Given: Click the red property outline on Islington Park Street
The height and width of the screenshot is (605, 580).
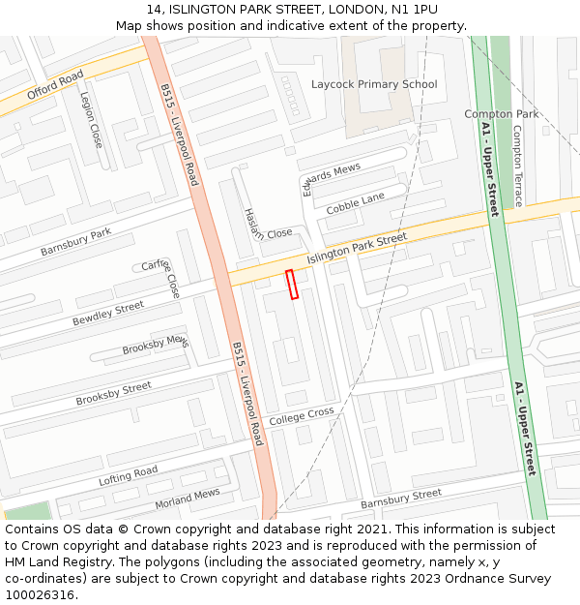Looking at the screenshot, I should point(292,284).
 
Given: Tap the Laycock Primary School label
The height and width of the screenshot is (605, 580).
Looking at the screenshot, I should point(373,84).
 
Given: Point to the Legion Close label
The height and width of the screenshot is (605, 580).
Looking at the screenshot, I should point(91,119).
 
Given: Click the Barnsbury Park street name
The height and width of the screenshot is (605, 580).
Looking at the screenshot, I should point(76,242).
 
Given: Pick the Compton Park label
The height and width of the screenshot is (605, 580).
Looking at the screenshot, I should point(502,114).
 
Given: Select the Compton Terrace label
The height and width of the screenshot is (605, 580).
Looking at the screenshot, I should point(517,166).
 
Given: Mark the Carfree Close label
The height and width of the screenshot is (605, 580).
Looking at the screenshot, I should point(161,278).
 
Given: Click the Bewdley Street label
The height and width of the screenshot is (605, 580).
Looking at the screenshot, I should point(108,314).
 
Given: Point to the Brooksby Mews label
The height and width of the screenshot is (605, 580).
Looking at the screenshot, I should point(156,345).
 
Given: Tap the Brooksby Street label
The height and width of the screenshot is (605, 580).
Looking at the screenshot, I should point(114,393).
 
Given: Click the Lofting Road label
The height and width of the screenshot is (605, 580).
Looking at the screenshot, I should point(128,476).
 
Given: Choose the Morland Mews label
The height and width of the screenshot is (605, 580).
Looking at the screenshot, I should point(188,499).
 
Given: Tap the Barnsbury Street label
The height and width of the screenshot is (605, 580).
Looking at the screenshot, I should point(400,499).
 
